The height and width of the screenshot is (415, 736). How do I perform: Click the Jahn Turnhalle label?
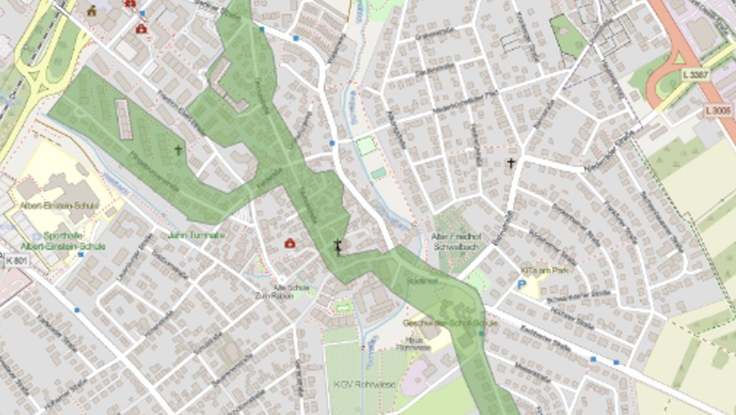196,235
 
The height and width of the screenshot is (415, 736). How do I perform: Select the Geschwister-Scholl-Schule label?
442,323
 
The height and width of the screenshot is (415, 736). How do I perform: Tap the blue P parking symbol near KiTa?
522,284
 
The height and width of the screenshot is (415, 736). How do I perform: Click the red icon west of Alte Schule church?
289,244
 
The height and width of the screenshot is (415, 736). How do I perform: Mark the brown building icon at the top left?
92,10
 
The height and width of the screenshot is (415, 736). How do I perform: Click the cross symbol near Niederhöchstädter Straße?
511,163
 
